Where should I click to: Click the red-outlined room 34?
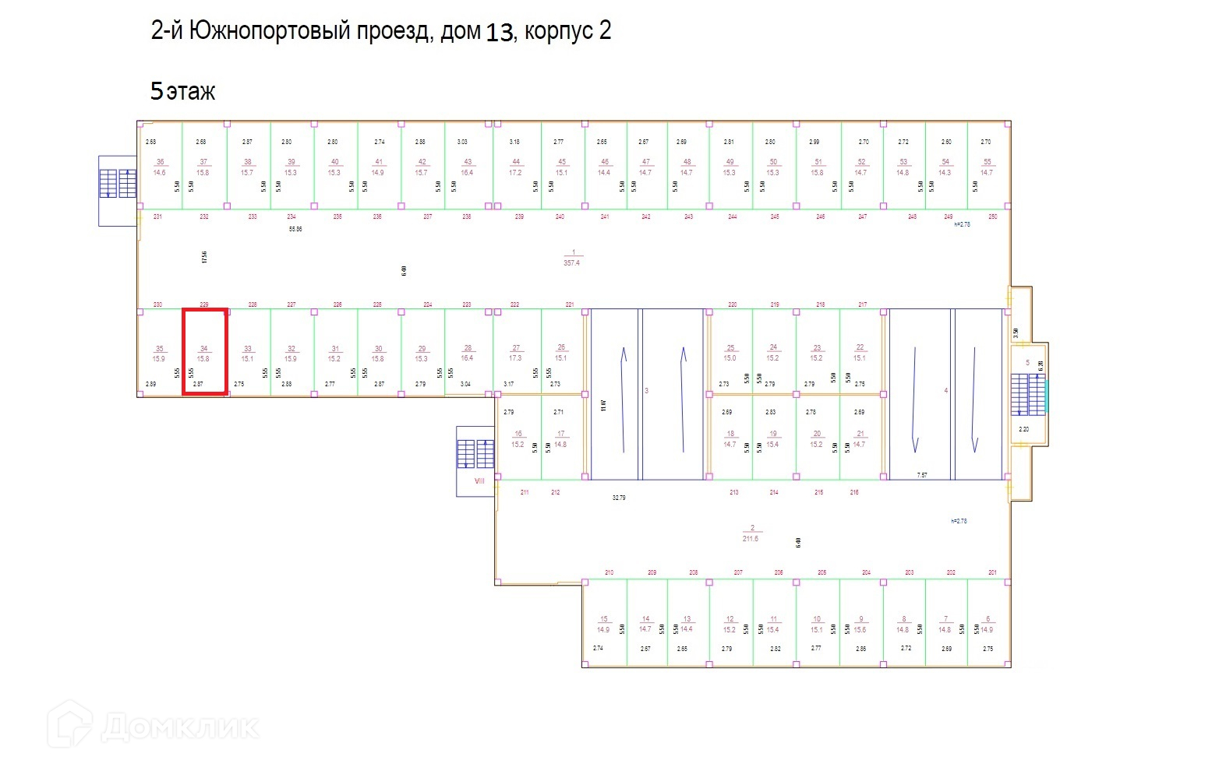204,352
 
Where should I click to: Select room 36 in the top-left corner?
160,167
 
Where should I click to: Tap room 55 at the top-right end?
987,167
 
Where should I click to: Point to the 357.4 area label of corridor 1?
572,262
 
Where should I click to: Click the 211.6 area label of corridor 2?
751,538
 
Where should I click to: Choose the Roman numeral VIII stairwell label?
479,481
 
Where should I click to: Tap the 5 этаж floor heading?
182,91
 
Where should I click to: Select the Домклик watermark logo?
153,726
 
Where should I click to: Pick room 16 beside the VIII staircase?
518,439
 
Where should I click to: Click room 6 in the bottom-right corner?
987,625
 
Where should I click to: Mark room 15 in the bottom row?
603,625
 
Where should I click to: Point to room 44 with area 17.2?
515,167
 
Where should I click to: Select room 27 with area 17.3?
515,353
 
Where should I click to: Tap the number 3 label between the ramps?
646,390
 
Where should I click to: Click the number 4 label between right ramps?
945,390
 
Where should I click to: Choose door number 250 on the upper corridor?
992,217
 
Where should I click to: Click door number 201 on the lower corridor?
992,572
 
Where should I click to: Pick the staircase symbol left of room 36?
118,184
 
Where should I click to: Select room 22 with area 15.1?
860,353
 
